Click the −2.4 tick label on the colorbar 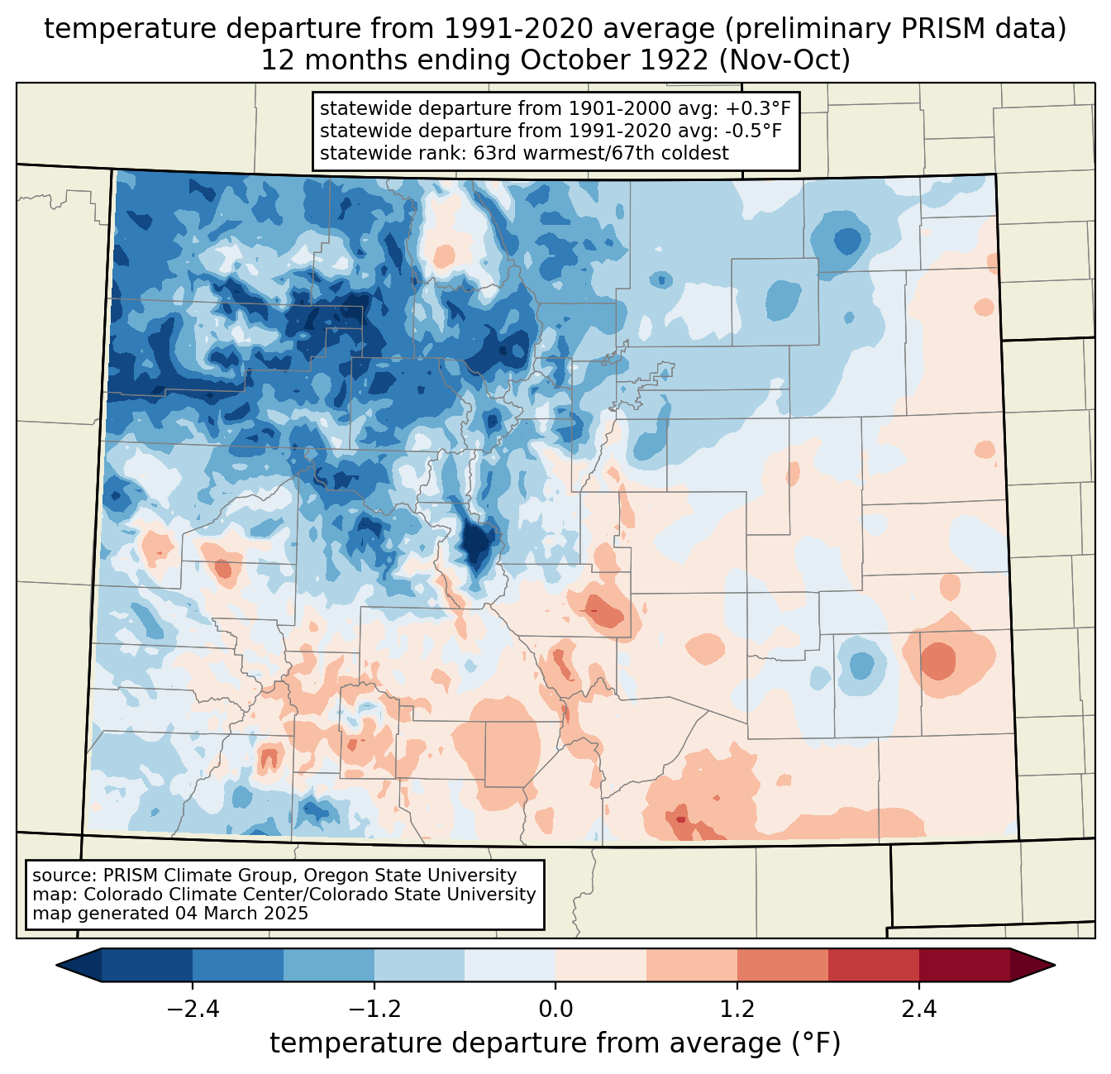tap(193, 1010)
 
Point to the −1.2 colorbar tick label tap(374, 1010)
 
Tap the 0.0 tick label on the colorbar tap(555, 1010)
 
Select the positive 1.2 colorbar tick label tap(737, 1010)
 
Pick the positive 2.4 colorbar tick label tap(919, 1010)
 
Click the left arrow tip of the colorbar tap(56, 966)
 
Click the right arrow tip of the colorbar tap(1055, 966)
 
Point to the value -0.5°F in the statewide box tap(752, 131)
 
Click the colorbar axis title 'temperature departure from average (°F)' tap(555, 1043)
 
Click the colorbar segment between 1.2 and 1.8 tap(783, 966)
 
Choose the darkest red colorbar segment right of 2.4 tap(965, 966)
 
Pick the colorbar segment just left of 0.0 tap(510, 966)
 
